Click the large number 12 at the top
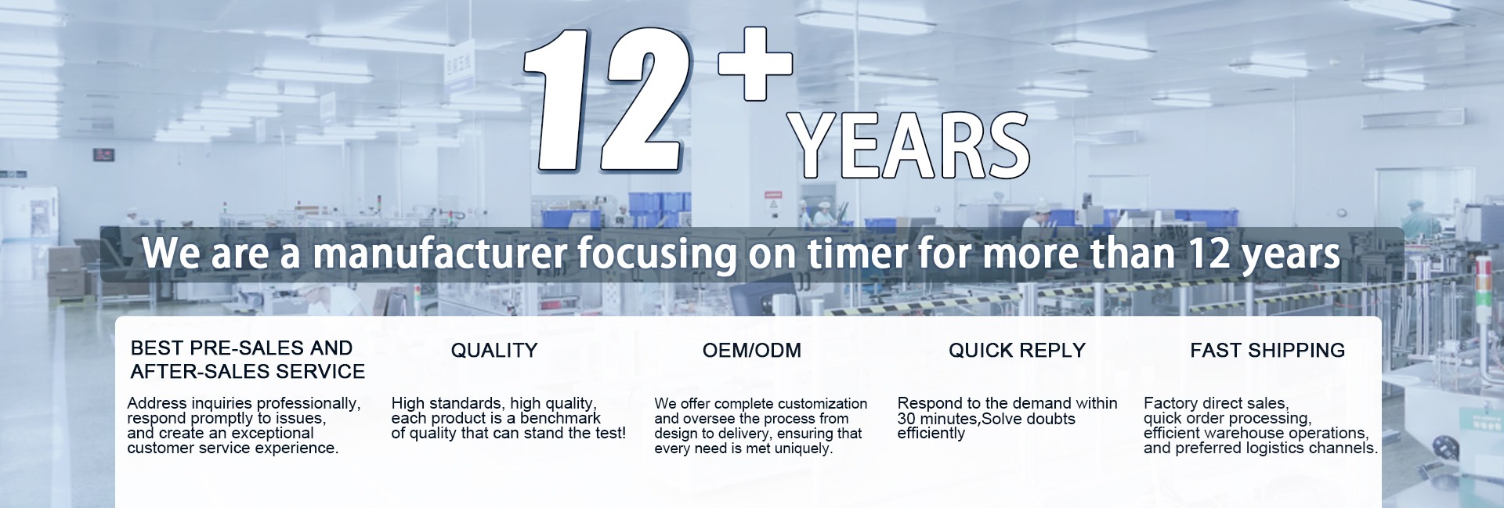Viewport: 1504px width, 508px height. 607,101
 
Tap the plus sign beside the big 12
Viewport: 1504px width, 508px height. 755,64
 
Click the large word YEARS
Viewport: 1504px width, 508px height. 909,146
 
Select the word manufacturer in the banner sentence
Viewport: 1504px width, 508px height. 439,253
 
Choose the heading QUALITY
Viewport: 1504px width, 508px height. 494,351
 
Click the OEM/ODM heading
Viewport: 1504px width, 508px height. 752,351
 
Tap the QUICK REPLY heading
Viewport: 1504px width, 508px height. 1017,351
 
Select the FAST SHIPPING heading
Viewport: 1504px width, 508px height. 1267,351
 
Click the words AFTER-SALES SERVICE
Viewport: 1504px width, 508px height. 248,372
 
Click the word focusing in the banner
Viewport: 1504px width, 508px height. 658,254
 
